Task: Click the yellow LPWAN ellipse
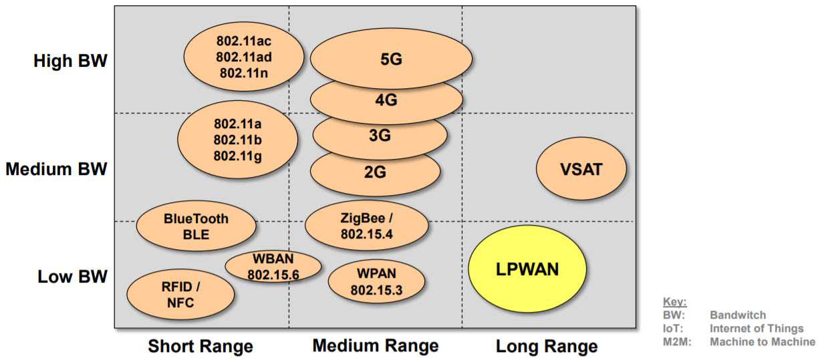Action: [527, 269]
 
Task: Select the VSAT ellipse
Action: [581, 169]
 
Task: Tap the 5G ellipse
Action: [391, 59]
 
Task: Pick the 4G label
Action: [386, 100]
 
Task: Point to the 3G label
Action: [380, 136]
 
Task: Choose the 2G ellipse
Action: [375, 172]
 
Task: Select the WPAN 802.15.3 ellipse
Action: [376, 282]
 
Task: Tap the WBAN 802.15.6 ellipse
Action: [273, 266]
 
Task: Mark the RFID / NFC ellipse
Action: [180, 295]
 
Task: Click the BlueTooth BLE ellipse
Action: [196, 226]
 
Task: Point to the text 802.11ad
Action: [243, 57]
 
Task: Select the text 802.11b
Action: [237, 140]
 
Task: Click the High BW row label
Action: [70, 61]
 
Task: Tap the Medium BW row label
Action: [56, 169]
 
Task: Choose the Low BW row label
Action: [73, 276]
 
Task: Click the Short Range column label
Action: [200, 346]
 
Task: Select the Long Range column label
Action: [547, 347]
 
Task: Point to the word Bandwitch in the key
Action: [738, 315]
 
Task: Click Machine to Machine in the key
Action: [763, 342]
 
